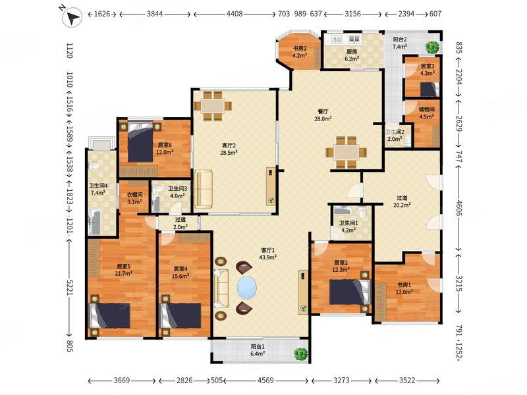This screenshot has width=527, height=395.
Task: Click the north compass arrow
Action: coord(72,17)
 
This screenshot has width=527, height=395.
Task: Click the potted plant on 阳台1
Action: coord(301,354)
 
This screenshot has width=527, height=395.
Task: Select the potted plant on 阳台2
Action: coord(432,47)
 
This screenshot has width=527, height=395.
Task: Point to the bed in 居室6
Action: coord(140,142)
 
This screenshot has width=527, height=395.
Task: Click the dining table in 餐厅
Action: coord(346,152)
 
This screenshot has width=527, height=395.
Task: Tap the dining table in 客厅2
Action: coord(213,106)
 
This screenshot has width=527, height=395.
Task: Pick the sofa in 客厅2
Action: coord(204,188)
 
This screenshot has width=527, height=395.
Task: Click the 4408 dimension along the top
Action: coord(235,14)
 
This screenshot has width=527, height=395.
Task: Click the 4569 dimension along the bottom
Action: coord(265,381)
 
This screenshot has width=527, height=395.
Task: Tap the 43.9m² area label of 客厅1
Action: coord(268,257)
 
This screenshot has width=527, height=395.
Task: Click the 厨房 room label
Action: coord(352,52)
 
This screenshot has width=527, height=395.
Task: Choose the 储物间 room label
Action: coord(426,109)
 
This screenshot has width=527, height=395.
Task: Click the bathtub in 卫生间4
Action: coord(94,221)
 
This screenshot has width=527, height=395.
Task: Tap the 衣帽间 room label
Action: coord(134,195)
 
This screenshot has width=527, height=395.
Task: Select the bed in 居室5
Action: coord(110,316)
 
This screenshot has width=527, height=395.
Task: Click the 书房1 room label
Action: coord(403,285)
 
